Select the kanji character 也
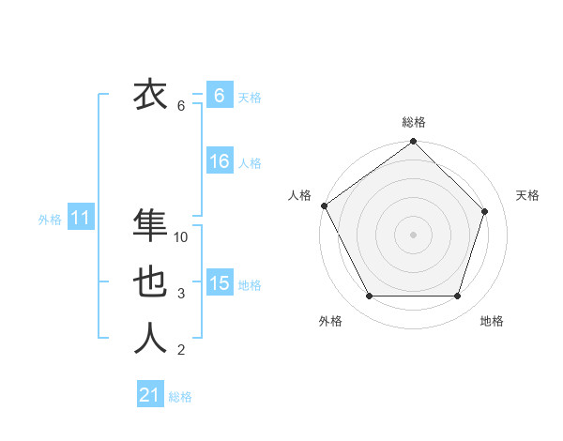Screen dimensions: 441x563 [150, 282]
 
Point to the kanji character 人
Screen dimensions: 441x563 [150, 339]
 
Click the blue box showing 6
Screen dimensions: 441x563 [219, 96]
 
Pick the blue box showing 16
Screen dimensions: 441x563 [219, 162]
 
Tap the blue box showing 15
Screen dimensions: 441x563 [219, 284]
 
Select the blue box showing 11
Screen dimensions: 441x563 [80, 219]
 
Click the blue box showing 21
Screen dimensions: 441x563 [149, 395]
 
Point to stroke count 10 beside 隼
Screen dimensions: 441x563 [181, 238]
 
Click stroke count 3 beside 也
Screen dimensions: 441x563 [181, 295]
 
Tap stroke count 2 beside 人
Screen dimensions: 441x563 [181, 351]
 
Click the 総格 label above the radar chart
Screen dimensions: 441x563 [413, 122]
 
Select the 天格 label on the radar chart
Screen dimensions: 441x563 [527, 195]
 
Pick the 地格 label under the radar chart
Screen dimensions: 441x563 [492, 321]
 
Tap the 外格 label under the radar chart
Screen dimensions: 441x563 [330, 321]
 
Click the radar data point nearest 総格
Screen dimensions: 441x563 [413, 143]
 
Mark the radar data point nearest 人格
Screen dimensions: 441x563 [325, 205]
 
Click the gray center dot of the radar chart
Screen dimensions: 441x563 [413, 234]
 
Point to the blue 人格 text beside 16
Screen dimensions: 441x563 [250, 163]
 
